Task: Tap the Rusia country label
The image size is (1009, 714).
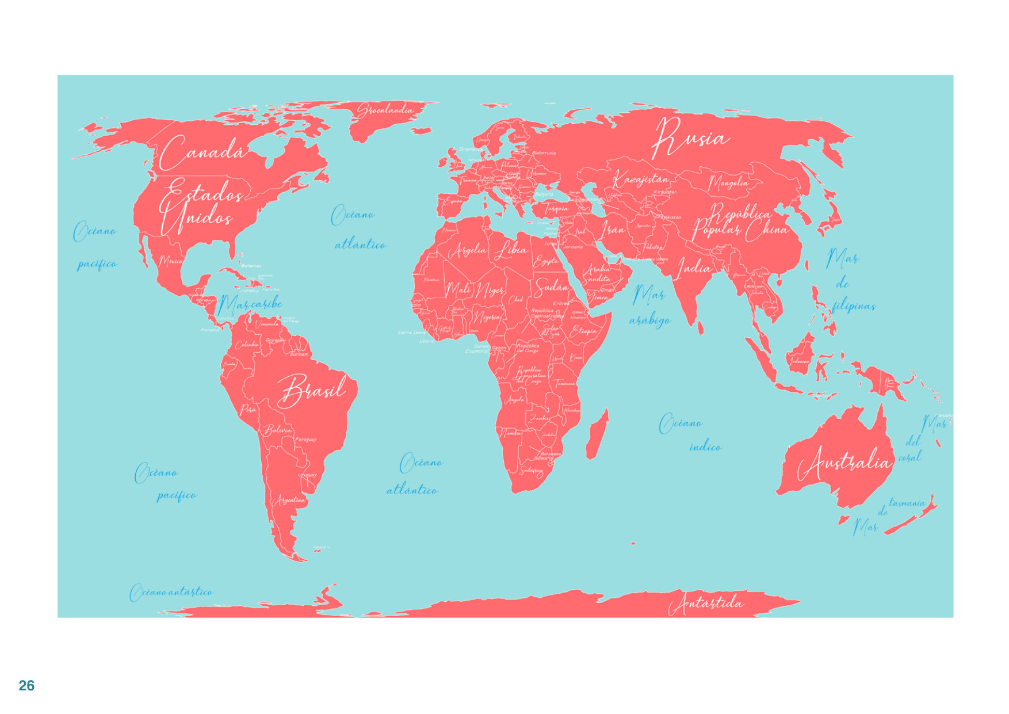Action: pyautogui.click(x=690, y=139)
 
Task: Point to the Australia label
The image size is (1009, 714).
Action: pyautogui.click(x=844, y=463)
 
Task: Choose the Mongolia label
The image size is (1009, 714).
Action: pyautogui.click(x=728, y=183)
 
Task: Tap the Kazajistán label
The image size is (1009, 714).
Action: pyautogui.click(x=640, y=179)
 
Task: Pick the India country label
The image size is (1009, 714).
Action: pyautogui.click(x=694, y=268)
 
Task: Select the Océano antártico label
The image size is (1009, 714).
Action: pyautogui.click(x=171, y=591)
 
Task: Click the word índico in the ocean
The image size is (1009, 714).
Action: pyautogui.click(x=705, y=446)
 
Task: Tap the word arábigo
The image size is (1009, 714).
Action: pyautogui.click(x=649, y=320)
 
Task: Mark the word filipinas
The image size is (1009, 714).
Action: pyautogui.click(x=854, y=306)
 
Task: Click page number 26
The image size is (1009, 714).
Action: pyautogui.click(x=26, y=685)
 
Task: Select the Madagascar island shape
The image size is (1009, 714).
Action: pyautogui.click(x=597, y=434)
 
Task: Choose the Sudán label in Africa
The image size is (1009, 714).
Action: pyautogui.click(x=551, y=286)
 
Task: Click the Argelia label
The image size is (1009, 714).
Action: pyautogui.click(x=467, y=250)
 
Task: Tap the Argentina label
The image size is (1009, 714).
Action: pyautogui.click(x=291, y=499)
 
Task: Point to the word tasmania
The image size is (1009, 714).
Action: pyautogui.click(x=907, y=503)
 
